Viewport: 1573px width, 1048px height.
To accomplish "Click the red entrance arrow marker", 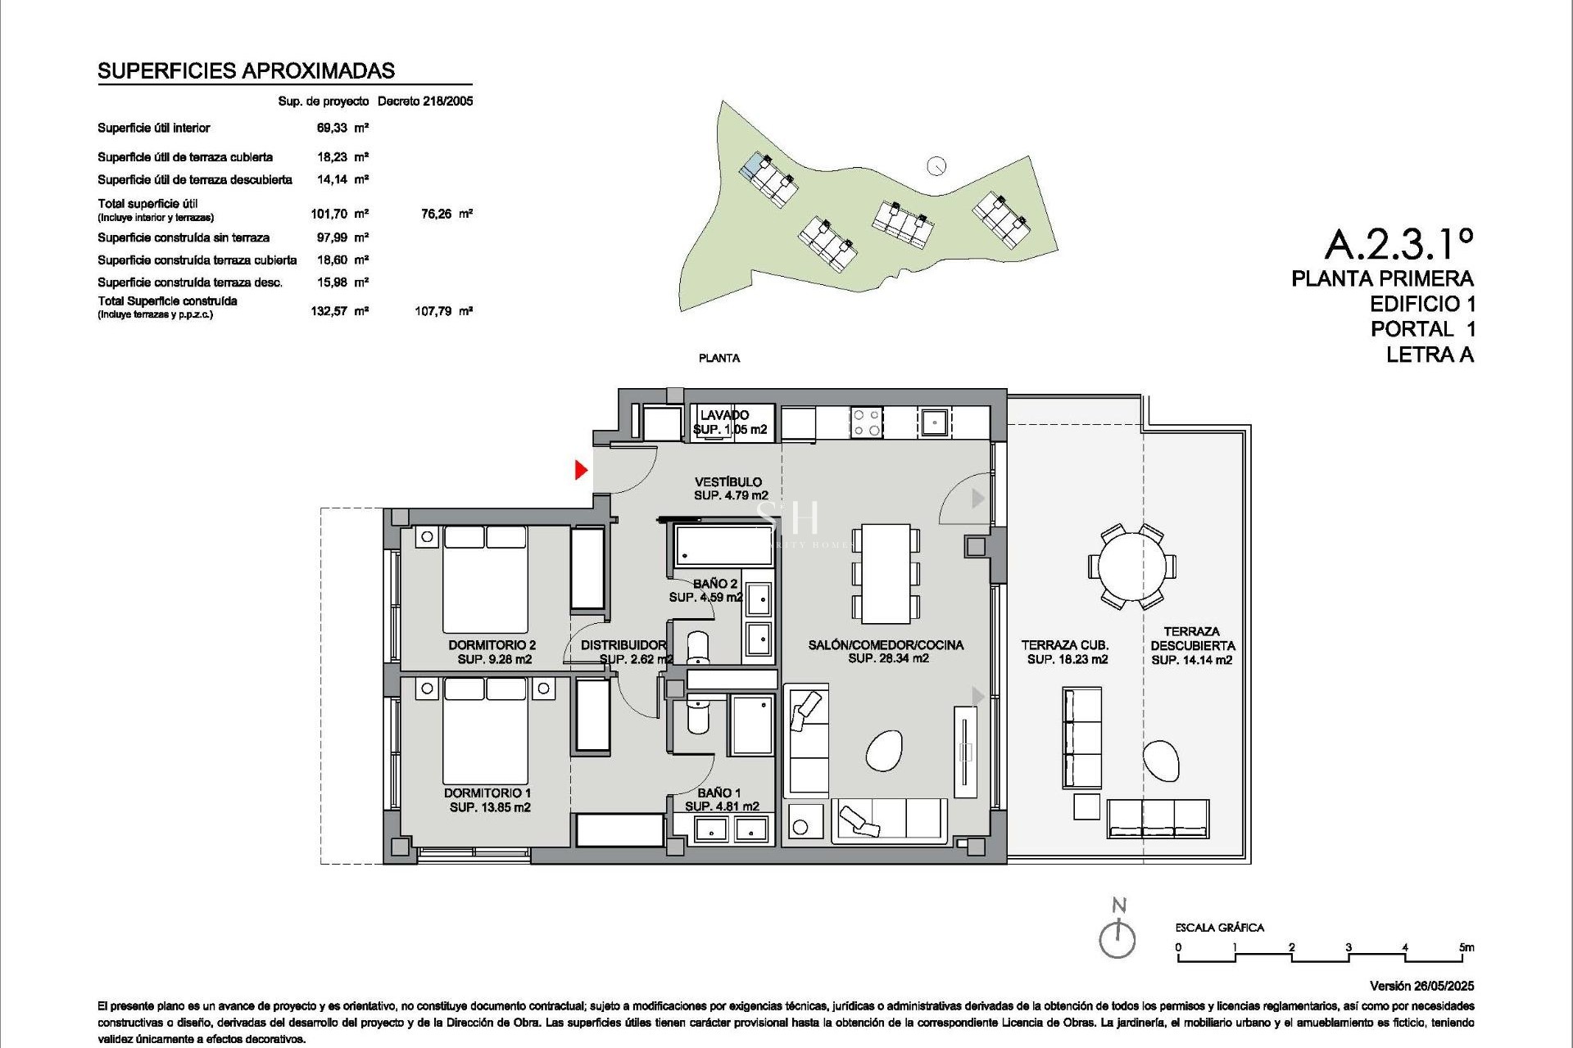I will pos(581,470).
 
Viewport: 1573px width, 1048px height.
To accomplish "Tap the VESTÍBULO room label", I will pos(728,482).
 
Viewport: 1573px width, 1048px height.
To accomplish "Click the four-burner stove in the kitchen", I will pos(867,422).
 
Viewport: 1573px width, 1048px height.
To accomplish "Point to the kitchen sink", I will pos(933,422).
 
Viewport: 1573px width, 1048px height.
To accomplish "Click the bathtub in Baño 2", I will pos(723,545).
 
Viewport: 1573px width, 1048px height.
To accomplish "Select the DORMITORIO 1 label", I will pos(487,793).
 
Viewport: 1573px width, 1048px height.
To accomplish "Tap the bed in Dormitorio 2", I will pos(485,578).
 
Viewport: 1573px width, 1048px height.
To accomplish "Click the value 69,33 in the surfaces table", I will pos(332,128).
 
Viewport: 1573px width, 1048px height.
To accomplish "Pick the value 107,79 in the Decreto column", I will pos(433,311).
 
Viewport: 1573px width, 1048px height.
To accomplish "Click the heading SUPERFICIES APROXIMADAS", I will pos(246,71).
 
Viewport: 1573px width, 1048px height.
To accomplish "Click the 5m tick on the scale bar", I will pos(1466,948).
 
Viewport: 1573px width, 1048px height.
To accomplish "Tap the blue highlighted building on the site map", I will pos(751,166).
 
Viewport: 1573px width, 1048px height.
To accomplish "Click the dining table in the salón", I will pos(886,573).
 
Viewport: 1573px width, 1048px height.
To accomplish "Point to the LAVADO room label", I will pos(724,415).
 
